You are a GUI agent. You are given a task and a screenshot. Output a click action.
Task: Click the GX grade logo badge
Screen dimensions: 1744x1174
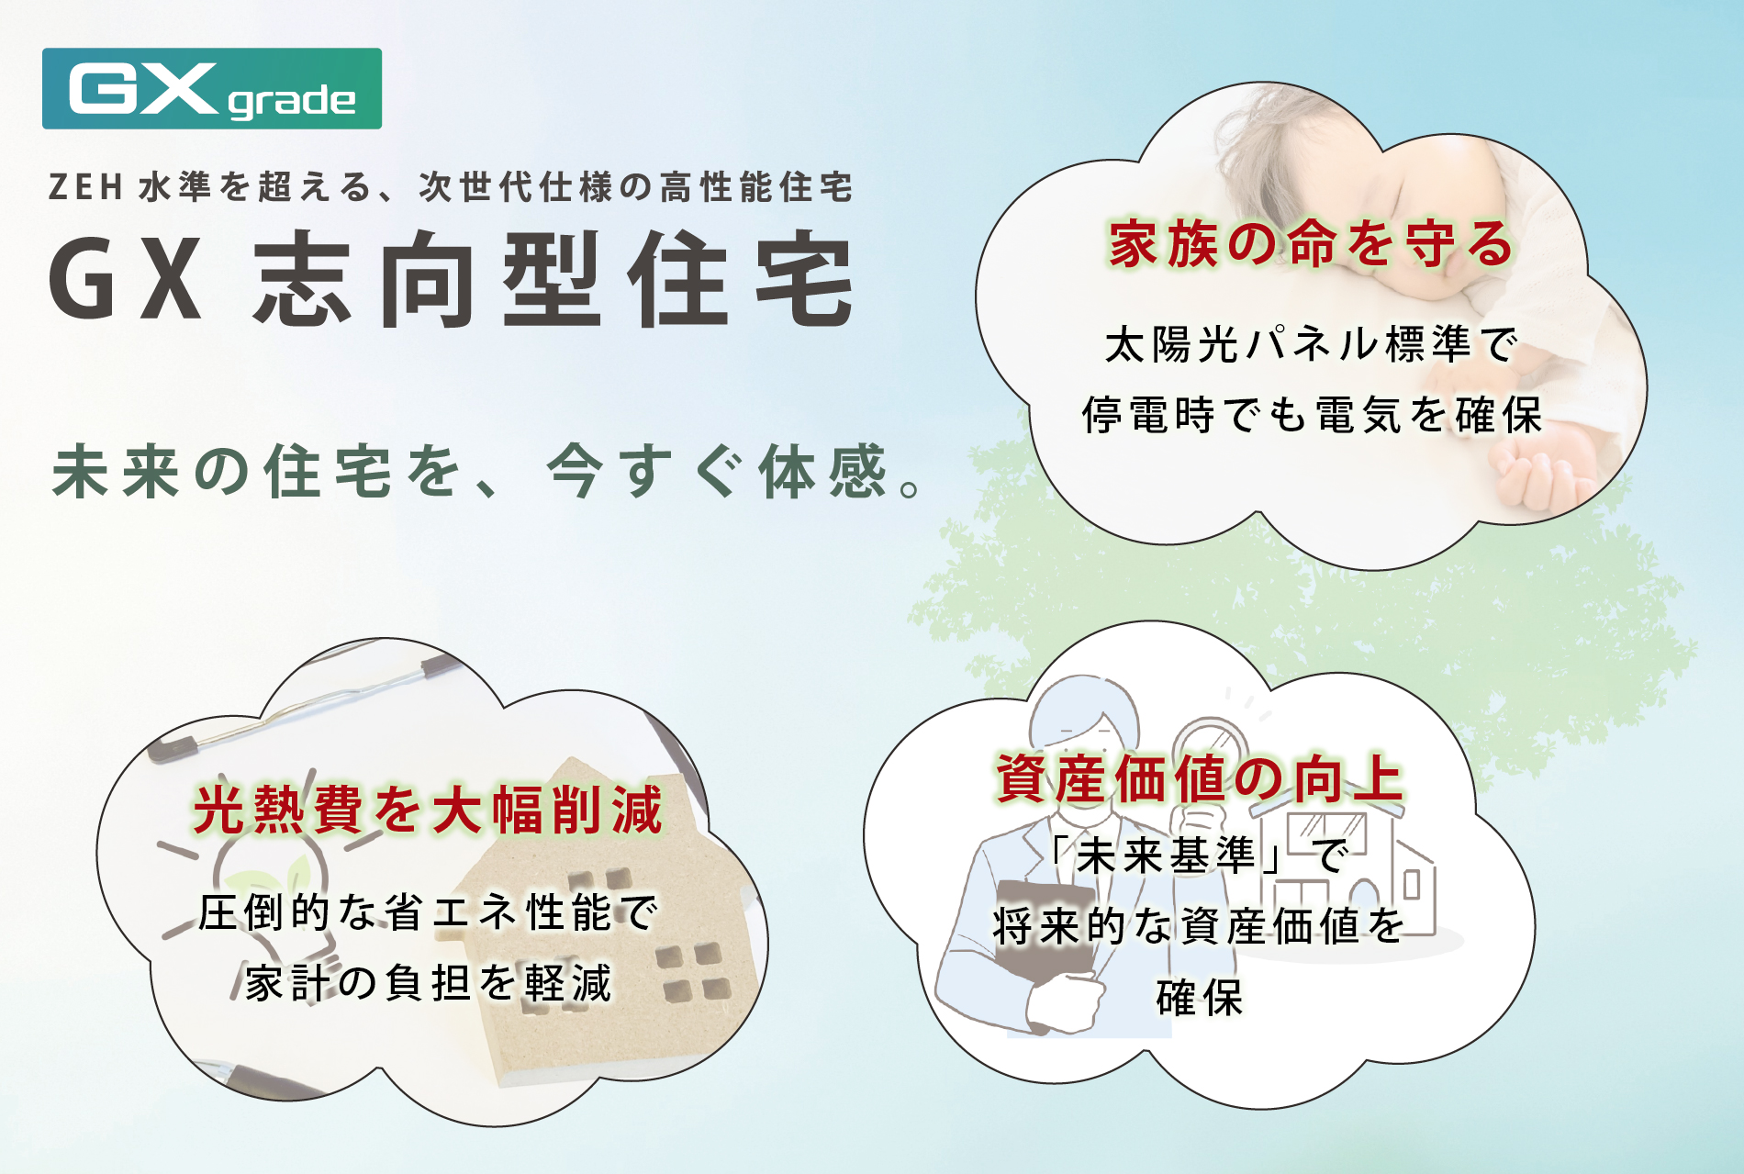(x=212, y=88)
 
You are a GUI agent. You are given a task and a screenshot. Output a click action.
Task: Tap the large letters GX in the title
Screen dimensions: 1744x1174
(x=126, y=279)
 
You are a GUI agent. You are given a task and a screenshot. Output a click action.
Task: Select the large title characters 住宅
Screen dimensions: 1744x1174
(x=741, y=279)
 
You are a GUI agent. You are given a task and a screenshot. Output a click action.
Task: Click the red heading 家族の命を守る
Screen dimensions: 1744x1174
(x=1311, y=245)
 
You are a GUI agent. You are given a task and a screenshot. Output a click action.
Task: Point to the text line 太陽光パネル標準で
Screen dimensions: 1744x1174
(x=1311, y=345)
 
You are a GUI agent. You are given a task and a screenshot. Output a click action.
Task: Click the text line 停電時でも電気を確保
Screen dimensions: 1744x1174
(x=1311, y=415)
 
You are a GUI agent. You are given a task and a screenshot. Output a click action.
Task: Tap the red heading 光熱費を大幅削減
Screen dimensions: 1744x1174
(x=428, y=810)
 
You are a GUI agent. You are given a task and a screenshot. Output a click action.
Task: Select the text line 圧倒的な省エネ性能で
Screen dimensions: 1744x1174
(x=428, y=912)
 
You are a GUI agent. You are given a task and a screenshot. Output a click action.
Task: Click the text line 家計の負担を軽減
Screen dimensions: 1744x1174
(x=428, y=983)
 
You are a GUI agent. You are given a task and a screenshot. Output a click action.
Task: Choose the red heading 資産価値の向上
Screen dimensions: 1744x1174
(x=1200, y=778)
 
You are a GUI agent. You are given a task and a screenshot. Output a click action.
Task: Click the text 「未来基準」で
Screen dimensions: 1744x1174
(x=1200, y=855)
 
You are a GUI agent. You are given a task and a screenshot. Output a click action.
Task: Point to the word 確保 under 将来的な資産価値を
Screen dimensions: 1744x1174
(x=1200, y=998)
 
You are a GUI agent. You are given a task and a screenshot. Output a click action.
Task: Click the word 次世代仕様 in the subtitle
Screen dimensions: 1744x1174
(x=517, y=187)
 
